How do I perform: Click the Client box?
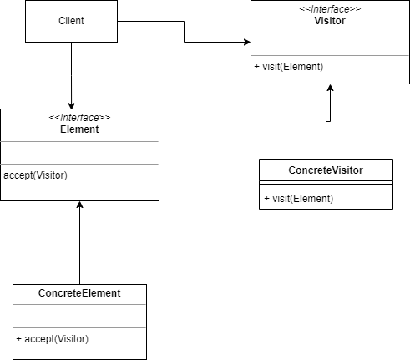71,21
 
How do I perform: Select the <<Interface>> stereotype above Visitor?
330,8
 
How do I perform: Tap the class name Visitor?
330,20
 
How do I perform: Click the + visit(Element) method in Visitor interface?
289,67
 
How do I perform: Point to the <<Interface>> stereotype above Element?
79,118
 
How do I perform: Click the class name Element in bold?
79,129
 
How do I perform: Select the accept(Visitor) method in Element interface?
35,175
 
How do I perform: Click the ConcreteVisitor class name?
326,170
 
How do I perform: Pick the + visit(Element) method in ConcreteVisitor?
298,198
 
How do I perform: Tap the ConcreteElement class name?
79,293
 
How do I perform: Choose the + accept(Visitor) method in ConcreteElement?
52,338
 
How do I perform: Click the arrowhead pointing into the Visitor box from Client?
246,42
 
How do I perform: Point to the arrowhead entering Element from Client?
72,104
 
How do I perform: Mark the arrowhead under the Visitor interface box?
331,89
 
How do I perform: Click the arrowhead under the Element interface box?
79,205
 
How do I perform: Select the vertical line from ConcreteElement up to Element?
79,246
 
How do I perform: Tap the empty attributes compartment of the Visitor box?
330,43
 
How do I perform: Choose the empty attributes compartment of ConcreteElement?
79,316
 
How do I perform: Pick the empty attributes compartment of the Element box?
79,153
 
